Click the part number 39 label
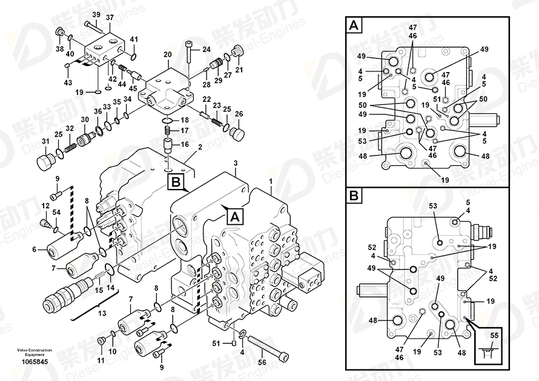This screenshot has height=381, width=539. tap(96, 15)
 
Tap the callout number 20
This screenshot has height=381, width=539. tap(167, 55)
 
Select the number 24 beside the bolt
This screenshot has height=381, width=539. tap(207, 50)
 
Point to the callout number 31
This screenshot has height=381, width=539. tap(45, 141)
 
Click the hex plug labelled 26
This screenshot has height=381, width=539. tap(238, 133)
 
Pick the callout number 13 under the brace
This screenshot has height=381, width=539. tap(102, 313)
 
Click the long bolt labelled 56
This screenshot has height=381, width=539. tap(267, 348)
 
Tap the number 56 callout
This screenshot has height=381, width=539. tap(262, 362)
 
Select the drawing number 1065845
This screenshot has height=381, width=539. tap(35, 362)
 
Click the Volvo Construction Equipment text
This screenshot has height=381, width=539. tap(35, 352)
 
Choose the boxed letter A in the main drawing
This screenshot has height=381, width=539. tap(235, 217)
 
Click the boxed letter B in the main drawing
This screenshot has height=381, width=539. tap(176, 182)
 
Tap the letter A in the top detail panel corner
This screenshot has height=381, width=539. tap(354, 25)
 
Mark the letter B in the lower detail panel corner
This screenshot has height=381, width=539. tap(354, 196)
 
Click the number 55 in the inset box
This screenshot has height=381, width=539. tap(494, 336)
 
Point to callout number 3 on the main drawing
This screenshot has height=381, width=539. tap(236, 163)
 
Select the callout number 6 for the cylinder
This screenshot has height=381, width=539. tap(34, 249)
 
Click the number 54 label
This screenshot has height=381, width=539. tap(56, 213)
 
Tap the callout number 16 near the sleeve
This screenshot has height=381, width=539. tap(185, 144)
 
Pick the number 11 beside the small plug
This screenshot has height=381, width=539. tap(101, 361)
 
